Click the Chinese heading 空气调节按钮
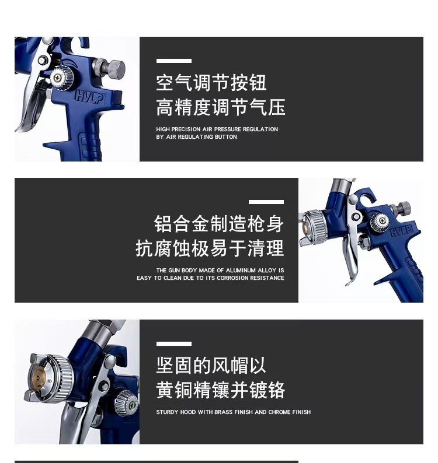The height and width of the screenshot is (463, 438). (x=211, y=83)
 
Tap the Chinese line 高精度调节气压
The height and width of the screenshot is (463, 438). (x=220, y=107)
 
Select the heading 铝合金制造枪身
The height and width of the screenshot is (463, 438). (x=218, y=223)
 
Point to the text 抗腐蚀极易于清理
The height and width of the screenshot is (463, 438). (x=210, y=248)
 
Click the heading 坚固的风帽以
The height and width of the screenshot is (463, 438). (x=211, y=366)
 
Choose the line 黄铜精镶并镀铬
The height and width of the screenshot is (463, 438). (x=220, y=390)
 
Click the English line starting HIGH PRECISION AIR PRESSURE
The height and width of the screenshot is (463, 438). (x=217, y=129)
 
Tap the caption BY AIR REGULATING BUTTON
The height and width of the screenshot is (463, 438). (x=196, y=137)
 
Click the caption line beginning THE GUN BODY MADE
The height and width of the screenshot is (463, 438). (x=220, y=271)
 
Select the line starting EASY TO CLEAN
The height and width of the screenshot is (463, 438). (x=210, y=278)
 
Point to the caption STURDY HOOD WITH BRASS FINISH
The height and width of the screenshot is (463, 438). (x=233, y=412)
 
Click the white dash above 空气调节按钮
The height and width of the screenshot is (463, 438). (x=173, y=61)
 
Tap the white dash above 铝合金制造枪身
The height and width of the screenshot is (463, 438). (x=266, y=202)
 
